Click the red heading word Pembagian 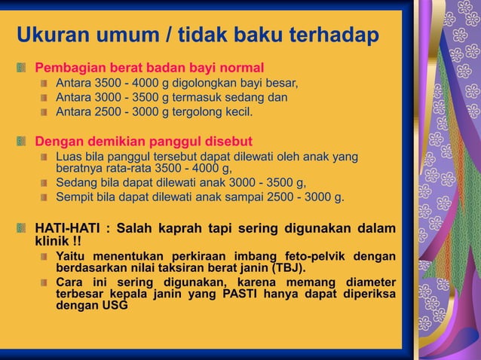click(69, 68)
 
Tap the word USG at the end click(115, 307)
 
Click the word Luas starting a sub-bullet click(69, 157)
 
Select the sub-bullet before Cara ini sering click(45, 283)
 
